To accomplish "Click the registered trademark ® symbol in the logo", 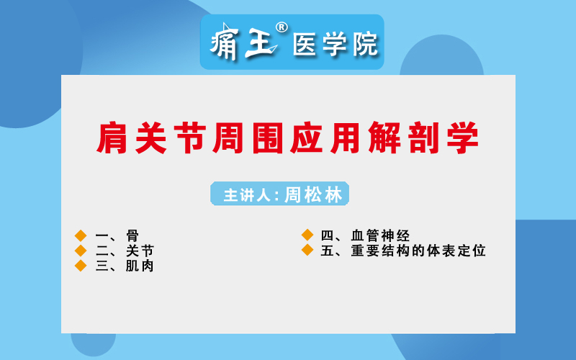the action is pos(282,27).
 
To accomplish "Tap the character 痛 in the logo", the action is pos(225,42).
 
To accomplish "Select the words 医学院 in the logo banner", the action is pos(335,45).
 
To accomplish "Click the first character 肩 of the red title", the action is pos(112,138).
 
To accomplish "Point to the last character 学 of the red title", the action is pos(463,138).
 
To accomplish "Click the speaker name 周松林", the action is pos(313,194).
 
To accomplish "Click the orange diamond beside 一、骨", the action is pos(81,235).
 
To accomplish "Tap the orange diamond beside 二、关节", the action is pos(81,251).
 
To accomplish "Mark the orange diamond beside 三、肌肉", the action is pos(81,266).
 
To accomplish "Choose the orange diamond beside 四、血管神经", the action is pos(307,235).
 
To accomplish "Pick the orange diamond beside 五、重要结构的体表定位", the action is pos(307,250).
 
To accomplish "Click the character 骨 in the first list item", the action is pos(132,236).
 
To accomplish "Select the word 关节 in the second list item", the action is pos(140,251).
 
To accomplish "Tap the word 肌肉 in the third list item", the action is pos(140,266).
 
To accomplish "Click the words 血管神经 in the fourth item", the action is pos(380,235).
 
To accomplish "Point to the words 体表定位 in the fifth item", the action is pos(456,251).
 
